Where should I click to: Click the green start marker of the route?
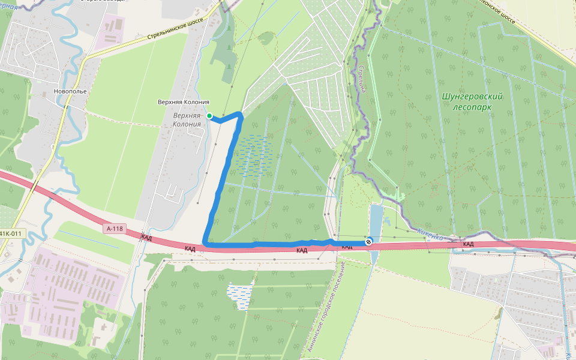209,116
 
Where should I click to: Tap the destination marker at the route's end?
368,241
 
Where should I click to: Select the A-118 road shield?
115,229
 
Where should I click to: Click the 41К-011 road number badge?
10,233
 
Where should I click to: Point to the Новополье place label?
70,91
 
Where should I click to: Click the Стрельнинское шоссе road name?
176,30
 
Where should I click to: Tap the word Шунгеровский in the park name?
472,96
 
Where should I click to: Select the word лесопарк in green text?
472,106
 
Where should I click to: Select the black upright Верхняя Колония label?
183,103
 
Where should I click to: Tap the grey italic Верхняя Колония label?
187,119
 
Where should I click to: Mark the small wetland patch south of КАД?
240,295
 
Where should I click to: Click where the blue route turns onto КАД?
206,243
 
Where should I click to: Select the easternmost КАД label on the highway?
469,244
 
